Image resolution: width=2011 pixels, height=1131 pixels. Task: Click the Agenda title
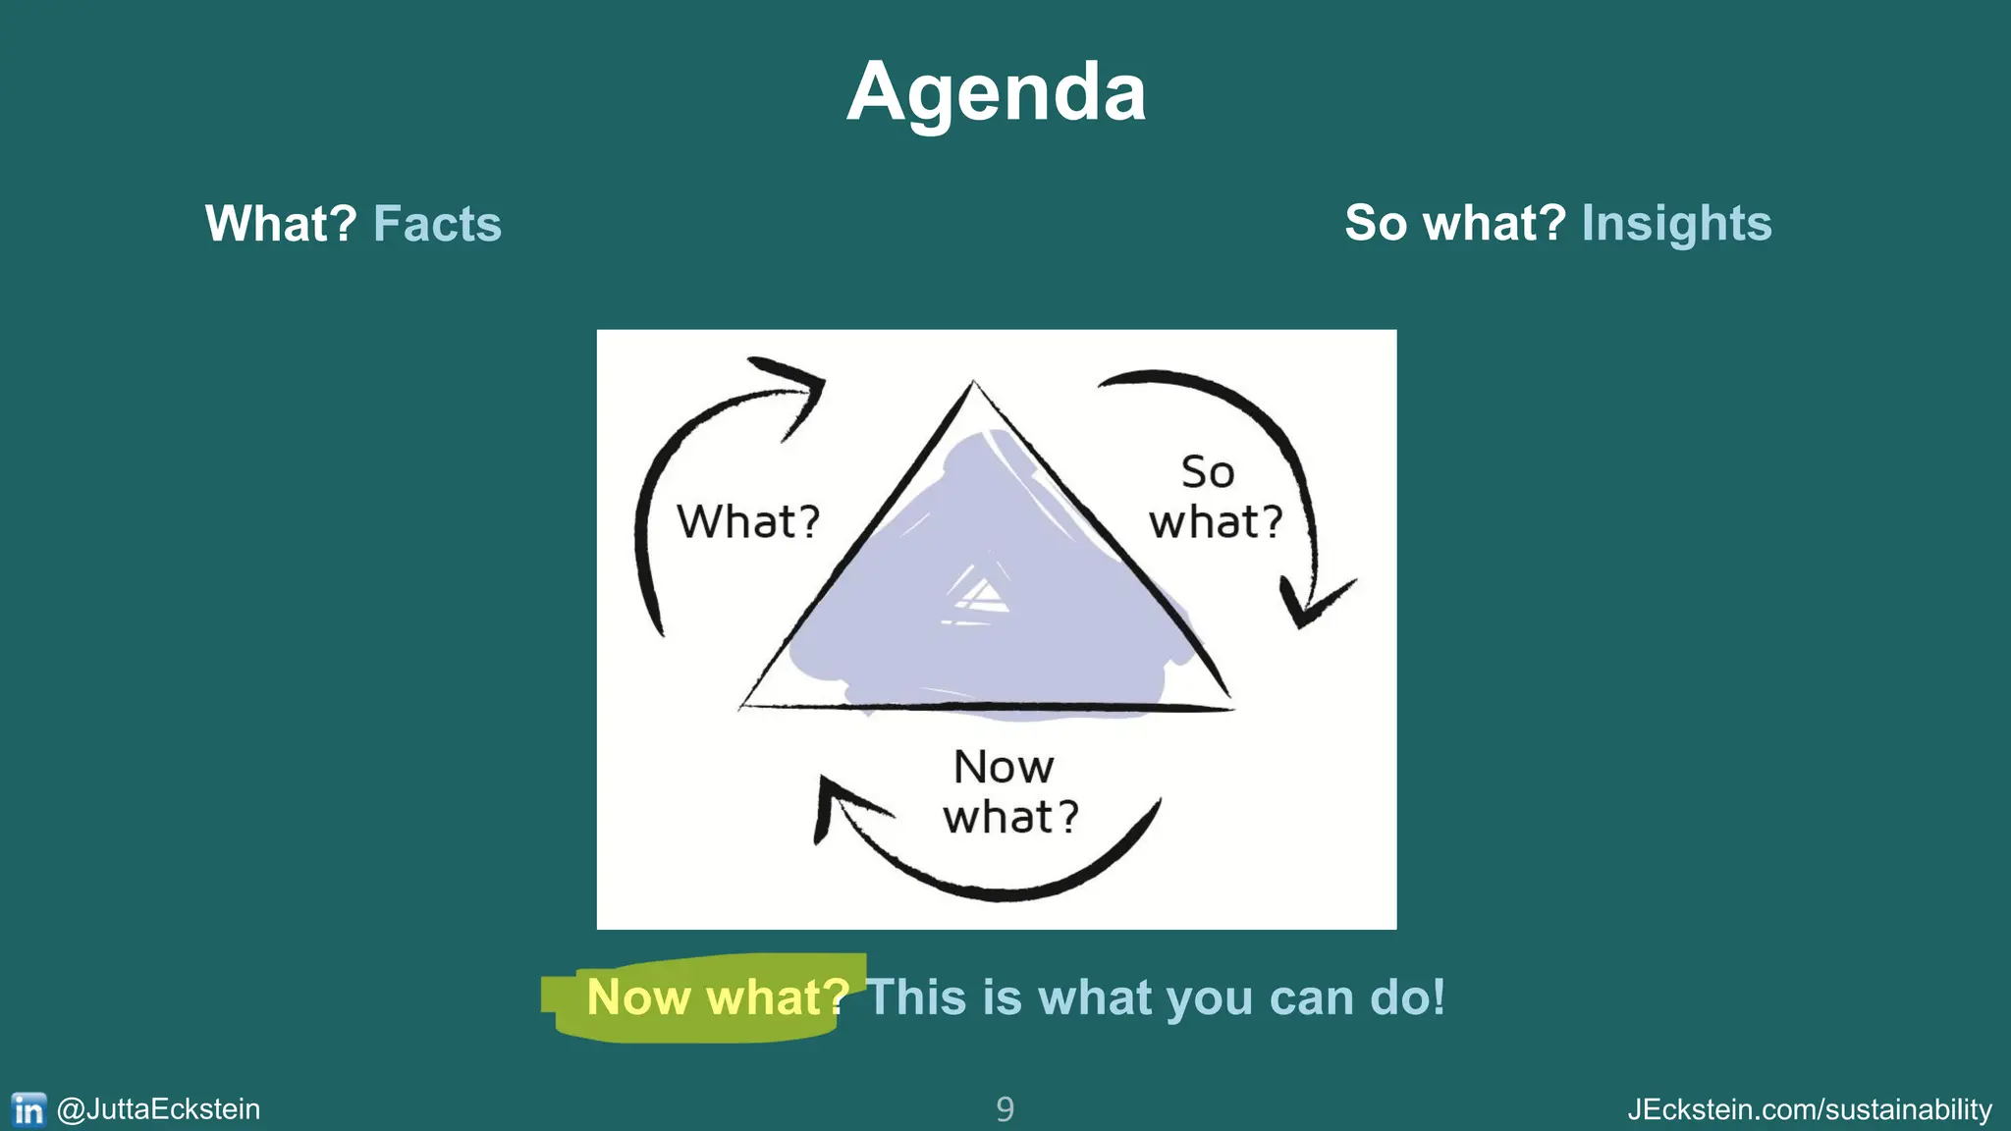(996, 92)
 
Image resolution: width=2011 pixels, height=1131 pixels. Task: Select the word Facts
(437, 224)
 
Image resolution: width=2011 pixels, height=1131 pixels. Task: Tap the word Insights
(1676, 223)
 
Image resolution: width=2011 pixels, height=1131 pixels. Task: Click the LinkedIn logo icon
(28, 1109)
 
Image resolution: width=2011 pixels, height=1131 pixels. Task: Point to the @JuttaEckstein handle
(158, 1109)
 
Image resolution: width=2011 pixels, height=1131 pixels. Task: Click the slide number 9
(1005, 1109)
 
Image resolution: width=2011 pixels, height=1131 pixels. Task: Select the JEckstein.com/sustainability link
(1809, 1109)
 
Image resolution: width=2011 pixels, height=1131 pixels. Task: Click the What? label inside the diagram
(748, 521)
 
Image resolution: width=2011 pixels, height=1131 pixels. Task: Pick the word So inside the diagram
(1207, 472)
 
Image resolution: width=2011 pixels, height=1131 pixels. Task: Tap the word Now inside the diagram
(1004, 767)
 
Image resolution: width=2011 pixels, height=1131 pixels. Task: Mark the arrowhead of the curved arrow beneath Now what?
(835, 800)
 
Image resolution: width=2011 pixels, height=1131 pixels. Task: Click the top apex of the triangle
(973, 385)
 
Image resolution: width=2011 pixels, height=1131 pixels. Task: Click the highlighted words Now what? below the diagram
(717, 997)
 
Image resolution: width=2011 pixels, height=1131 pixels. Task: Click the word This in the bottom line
(915, 997)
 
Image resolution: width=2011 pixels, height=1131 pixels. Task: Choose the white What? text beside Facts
(281, 224)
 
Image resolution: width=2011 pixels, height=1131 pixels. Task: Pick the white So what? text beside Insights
(1454, 223)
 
